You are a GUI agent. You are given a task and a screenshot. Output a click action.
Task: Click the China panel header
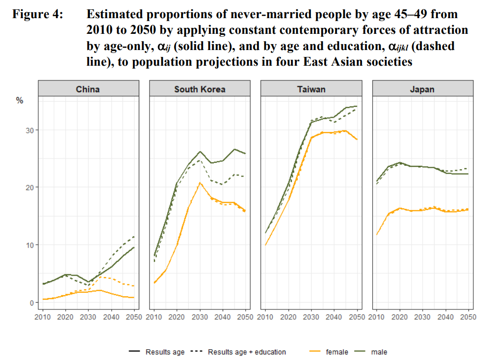coord(88,89)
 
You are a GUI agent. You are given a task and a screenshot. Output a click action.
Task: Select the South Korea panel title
coord(200,89)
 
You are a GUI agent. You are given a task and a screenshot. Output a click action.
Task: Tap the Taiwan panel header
coord(311,89)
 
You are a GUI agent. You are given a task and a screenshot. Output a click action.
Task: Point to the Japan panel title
coord(422,89)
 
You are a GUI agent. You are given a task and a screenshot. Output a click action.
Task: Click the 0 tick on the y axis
coord(31,302)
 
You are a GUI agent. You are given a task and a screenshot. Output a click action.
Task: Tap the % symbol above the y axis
coord(20,101)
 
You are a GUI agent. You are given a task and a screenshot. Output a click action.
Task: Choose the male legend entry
coord(379,352)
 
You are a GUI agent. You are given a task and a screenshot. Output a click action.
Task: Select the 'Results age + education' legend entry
coord(247,352)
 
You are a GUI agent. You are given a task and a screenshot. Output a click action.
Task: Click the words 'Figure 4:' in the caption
coord(38,14)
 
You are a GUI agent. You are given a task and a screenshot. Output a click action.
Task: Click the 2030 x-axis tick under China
coord(88,317)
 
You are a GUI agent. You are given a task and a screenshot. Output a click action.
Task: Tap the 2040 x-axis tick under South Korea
coord(223,317)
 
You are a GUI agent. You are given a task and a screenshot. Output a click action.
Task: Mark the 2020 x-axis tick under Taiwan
coord(288,317)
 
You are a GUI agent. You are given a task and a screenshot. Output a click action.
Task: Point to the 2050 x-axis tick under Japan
coord(468,317)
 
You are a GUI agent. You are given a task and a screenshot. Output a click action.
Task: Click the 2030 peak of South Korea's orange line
coord(200,183)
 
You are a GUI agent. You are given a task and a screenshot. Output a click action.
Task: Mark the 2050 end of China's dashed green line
coord(134,236)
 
